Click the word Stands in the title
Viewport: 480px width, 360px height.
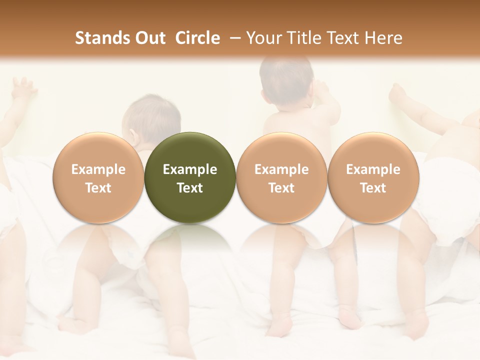pyautogui.click(x=102, y=38)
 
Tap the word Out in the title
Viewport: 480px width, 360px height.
pyautogui.click(x=149, y=38)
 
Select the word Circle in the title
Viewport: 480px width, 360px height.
pyautogui.click(x=197, y=38)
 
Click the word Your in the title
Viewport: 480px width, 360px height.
pyautogui.click(x=263, y=38)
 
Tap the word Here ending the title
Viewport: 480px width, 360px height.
pyautogui.click(x=384, y=38)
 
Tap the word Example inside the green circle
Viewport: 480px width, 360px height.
pyautogui.click(x=190, y=169)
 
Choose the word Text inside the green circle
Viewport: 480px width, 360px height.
pyautogui.click(x=190, y=188)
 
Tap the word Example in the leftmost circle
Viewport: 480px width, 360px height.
pyautogui.click(x=98, y=169)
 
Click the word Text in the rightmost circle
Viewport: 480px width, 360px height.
pyautogui.click(x=373, y=188)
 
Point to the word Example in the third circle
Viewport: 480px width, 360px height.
pyautogui.click(x=281, y=169)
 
